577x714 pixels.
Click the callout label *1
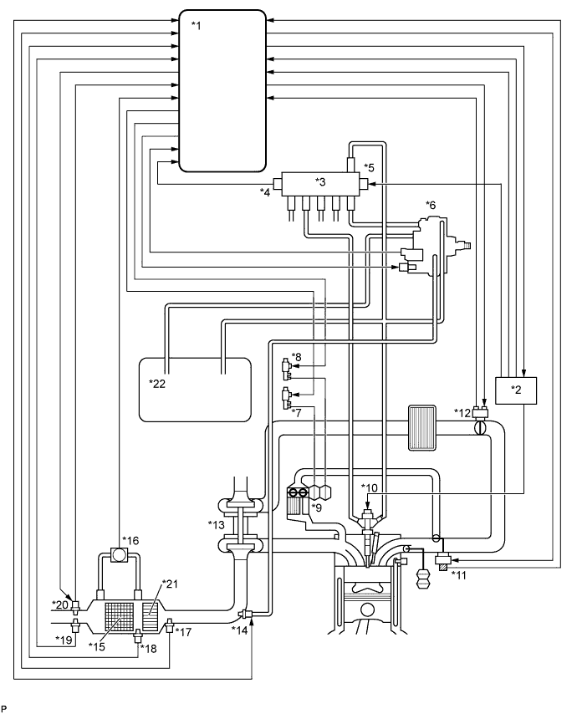point(197,25)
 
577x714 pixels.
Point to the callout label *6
point(431,206)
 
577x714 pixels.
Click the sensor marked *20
point(76,604)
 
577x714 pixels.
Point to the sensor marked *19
point(76,625)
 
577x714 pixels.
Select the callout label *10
point(370,487)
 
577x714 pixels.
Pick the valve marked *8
point(287,365)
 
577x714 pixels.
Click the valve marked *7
point(287,395)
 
